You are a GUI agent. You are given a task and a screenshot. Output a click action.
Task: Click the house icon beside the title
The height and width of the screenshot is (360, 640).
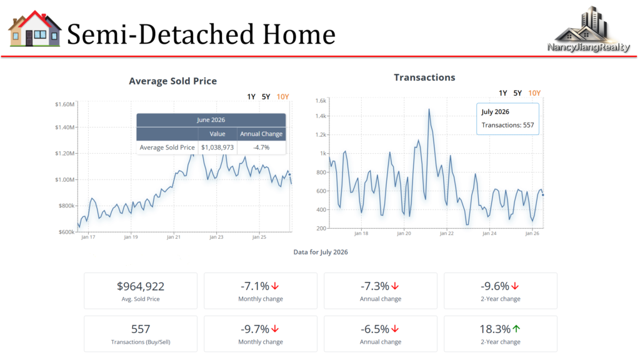(x=35, y=29)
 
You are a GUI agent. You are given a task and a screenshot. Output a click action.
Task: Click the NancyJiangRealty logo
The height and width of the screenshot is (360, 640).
(x=588, y=29)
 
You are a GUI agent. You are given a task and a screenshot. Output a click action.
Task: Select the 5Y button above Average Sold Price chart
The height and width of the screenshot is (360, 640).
(x=266, y=97)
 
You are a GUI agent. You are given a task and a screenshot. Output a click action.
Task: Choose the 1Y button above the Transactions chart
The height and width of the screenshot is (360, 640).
(x=503, y=93)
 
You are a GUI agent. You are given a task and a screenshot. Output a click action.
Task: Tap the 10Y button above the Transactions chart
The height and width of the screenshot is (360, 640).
(x=534, y=93)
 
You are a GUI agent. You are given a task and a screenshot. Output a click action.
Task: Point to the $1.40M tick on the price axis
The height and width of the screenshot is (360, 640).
(x=65, y=127)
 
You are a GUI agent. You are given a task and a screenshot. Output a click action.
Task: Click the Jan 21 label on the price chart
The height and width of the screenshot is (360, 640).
(x=174, y=237)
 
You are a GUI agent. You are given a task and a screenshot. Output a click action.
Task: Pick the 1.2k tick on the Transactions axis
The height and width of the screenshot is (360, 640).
(x=321, y=135)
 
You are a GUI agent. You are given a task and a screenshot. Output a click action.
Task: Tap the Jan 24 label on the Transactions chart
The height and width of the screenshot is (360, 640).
(x=489, y=234)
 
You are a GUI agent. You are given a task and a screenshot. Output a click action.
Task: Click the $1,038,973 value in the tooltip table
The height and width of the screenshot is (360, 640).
(x=217, y=147)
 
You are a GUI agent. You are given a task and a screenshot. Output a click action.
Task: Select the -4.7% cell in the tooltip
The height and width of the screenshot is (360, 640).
(x=261, y=147)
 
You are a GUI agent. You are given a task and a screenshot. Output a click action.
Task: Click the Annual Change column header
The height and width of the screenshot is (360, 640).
(x=261, y=134)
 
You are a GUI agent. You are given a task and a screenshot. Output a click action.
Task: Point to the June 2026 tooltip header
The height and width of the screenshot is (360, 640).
(x=211, y=120)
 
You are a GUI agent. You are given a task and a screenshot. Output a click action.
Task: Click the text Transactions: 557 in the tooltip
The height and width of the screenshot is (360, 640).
(x=507, y=125)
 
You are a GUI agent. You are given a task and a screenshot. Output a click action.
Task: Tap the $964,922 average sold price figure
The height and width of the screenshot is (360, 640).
(x=141, y=286)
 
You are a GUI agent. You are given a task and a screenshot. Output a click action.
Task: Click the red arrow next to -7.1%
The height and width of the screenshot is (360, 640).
(x=275, y=286)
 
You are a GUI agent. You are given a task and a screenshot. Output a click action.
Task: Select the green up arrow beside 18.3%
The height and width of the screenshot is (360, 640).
(x=516, y=329)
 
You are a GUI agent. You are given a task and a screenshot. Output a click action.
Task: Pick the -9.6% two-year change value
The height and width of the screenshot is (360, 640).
(x=495, y=286)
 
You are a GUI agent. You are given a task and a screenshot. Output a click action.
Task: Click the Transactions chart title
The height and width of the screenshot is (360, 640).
(x=424, y=77)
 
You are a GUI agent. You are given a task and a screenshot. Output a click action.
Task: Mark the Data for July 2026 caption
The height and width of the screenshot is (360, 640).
(x=321, y=252)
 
